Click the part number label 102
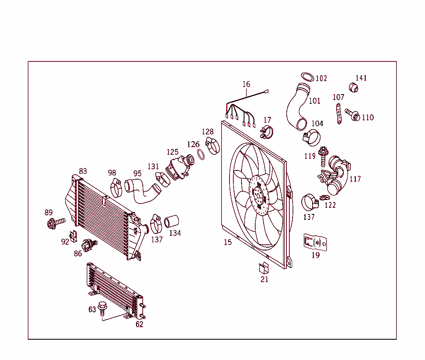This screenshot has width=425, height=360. pyautogui.click(x=321, y=78)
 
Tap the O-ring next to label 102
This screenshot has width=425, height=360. pyautogui.click(x=307, y=77)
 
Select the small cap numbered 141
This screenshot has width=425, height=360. pyautogui.click(x=354, y=87)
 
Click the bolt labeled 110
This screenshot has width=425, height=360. pyautogui.click(x=352, y=114)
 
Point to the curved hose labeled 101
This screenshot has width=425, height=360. pyautogui.click(x=296, y=106)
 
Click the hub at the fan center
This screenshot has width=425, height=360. pyautogui.click(x=259, y=195)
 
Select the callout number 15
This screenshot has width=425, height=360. pyautogui.click(x=228, y=242)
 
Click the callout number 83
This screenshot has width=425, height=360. pyautogui.click(x=83, y=171)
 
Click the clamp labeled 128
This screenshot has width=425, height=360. pyautogui.click(x=213, y=145)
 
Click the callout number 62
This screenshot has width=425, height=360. pyautogui.click(x=139, y=324)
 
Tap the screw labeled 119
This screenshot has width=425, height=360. pyautogui.click(x=323, y=153)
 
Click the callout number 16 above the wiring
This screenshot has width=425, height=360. pyautogui.click(x=247, y=84)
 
